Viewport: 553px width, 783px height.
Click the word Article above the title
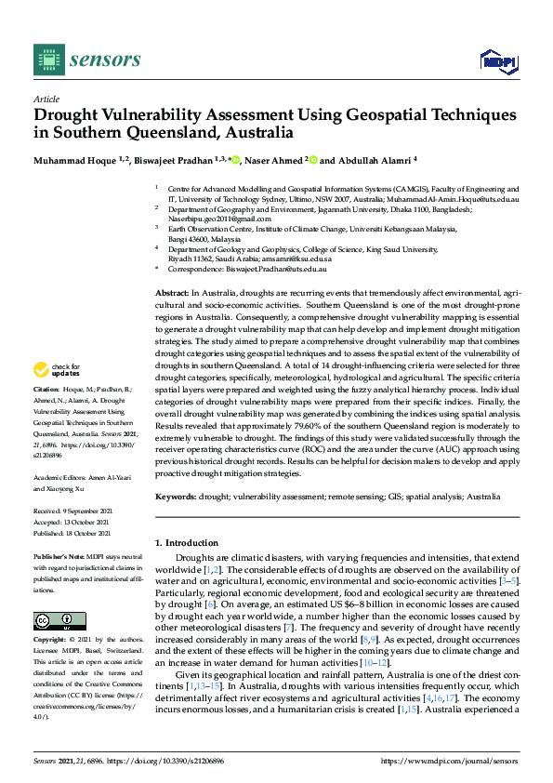point(46,99)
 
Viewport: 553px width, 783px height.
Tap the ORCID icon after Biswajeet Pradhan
point(236,160)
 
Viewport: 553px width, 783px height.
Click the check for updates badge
point(53,369)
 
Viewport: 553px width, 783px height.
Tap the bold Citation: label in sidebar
point(46,388)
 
